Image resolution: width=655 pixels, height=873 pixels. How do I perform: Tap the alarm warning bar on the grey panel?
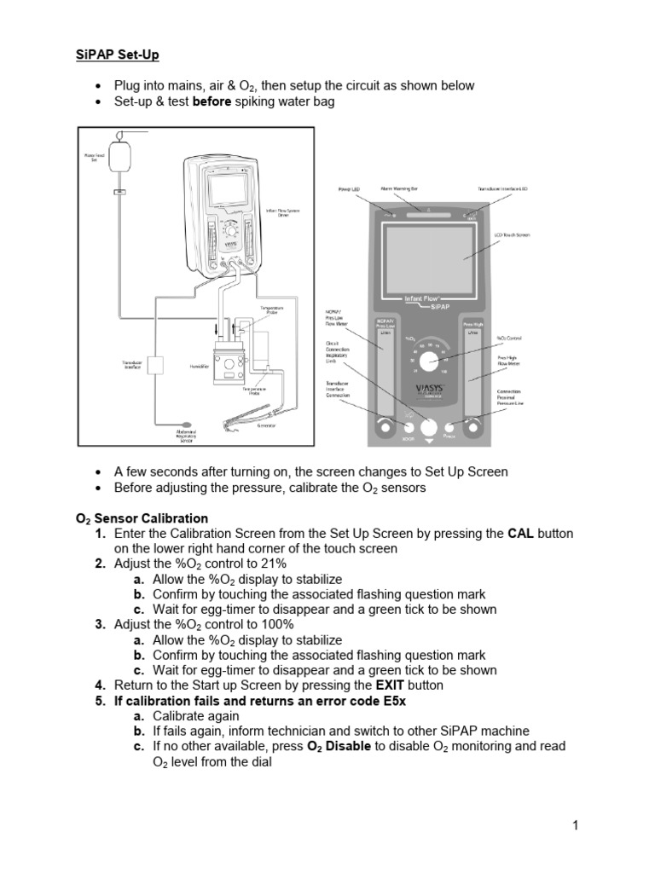[429, 215]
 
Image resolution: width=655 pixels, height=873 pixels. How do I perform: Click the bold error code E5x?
[391, 700]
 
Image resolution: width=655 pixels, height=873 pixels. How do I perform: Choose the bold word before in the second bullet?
[214, 101]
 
